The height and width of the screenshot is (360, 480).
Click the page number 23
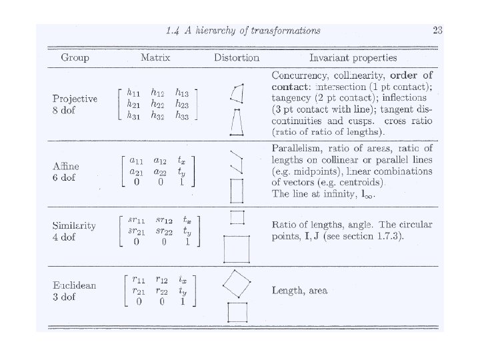(437, 30)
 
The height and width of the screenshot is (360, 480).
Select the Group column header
(75, 58)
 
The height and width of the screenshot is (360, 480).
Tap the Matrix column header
(155, 58)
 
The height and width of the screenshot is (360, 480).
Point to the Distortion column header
(237, 58)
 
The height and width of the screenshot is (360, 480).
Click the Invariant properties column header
(353, 58)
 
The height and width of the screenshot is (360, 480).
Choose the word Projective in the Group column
(75, 99)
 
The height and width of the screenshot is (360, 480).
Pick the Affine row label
(66, 166)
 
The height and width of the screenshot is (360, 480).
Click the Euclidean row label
(75, 285)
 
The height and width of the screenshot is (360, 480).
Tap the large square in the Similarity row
(237, 251)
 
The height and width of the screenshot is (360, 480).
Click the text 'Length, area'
(299, 291)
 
